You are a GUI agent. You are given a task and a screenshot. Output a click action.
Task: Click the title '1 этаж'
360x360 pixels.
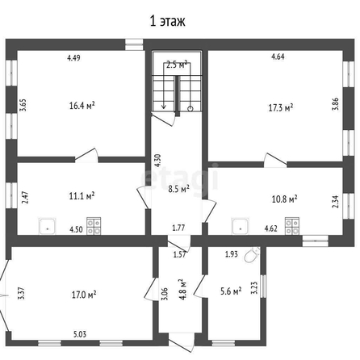[168, 21]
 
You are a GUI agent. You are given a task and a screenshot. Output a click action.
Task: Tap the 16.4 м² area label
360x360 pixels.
[82, 106]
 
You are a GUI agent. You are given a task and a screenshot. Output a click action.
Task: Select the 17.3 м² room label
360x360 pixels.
[281, 108]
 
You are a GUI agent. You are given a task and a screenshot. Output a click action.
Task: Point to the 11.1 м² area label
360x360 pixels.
[82, 195]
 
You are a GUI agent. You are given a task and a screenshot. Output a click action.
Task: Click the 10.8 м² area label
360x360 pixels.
[285, 199]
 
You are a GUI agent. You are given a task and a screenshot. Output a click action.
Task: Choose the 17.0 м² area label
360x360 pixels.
[84, 295]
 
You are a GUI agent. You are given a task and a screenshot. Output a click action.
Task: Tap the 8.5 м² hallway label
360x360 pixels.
[178, 189]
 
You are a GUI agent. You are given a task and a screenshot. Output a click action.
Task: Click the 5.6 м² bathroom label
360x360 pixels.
[231, 291]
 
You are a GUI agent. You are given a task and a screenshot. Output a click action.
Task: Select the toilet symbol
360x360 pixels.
[252, 254]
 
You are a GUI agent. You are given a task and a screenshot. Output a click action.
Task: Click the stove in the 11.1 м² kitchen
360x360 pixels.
[94, 226]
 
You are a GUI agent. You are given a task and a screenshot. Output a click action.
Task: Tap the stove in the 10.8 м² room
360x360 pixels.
[292, 226]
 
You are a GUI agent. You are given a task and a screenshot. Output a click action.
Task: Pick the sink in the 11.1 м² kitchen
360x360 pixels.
[48, 226]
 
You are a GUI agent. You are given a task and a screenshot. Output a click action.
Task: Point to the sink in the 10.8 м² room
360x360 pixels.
[241, 226]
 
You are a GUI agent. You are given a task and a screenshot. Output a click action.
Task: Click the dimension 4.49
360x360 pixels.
[73, 57]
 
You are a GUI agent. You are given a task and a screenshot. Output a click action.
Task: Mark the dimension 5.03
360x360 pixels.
[80, 334]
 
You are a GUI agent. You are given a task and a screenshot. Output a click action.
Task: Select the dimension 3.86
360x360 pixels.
[335, 103]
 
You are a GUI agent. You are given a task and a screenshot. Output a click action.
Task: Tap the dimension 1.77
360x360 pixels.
[178, 228]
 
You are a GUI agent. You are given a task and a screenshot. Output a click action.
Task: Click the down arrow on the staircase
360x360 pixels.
[163, 86]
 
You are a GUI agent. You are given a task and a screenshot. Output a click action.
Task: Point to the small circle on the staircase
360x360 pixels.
[190, 109]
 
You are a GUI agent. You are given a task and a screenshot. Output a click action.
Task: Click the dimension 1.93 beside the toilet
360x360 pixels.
[232, 254]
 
